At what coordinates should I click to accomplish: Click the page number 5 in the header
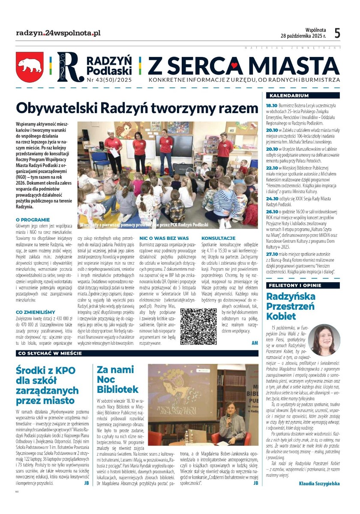tap(337, 33)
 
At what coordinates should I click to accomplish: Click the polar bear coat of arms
tap(30, 67)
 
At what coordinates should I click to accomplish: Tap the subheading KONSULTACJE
tap(218, 238)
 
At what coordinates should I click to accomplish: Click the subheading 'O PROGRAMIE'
tap(33, 220)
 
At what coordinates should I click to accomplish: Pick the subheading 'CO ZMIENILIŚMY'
tap(36, 312)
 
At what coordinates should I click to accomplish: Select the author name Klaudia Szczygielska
tap(319, 484)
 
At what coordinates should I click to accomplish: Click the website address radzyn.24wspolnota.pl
tap(58, 33)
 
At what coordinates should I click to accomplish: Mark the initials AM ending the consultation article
tap(255, 343)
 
